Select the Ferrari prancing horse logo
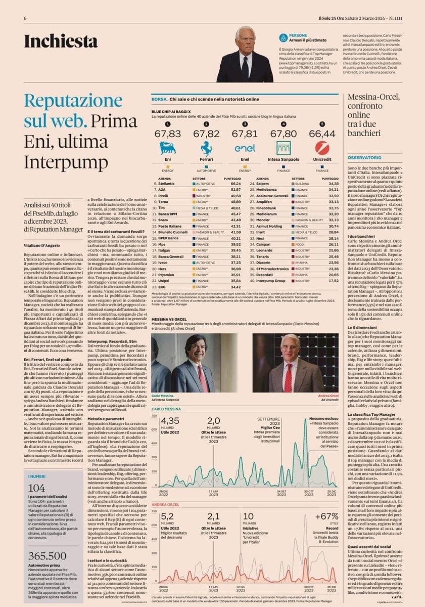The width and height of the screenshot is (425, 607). pyautogui.click(x=206, y=148)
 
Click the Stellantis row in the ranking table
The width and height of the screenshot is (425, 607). pyautogui.click(x=170, y=184)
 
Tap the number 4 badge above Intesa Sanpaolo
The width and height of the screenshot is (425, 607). pyautogui.click(x=284, y=123)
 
